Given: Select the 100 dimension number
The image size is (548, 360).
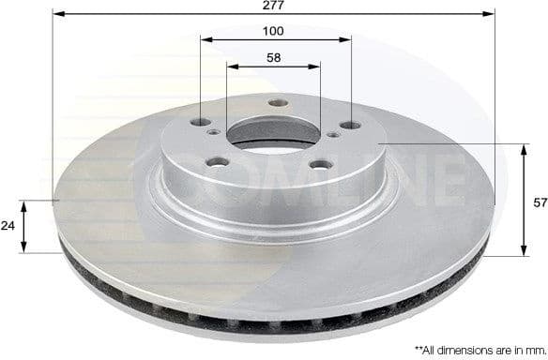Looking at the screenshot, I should [274, 31].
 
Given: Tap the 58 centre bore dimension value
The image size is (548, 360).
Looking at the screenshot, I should [274, 57].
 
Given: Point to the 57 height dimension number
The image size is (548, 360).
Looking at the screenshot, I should [540, 202].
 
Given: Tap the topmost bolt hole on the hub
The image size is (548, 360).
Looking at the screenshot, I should [276, 103].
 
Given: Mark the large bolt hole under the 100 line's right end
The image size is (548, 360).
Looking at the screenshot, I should [351, 126].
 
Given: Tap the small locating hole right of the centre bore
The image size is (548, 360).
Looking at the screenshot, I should [335, 136].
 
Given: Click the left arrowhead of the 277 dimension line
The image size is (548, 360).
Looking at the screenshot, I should [56, 14].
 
